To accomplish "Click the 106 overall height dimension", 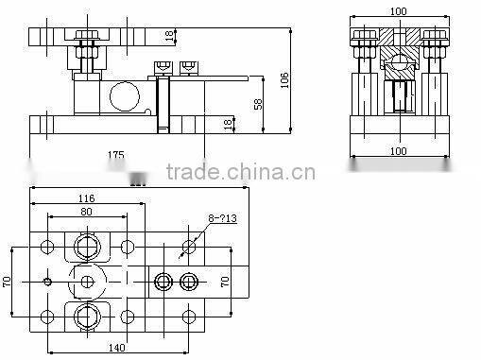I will pos(283,82).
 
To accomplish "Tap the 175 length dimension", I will pos(115,153).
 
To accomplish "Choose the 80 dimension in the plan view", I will pos(85,213).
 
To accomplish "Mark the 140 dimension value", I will pos(115,348).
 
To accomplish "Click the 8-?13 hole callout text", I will pos(222,218).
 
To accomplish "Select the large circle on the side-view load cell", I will pos(121,95).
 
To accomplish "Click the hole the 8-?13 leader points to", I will pos(189,247).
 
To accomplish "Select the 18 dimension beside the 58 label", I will pos(228,123).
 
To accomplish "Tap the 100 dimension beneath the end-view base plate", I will pos(398,150).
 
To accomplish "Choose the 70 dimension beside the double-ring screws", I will pos(224,282).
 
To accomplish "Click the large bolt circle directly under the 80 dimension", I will pos(86,248).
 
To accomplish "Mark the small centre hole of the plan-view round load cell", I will pos(86,282).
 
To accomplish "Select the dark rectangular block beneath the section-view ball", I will pos(400,94).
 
